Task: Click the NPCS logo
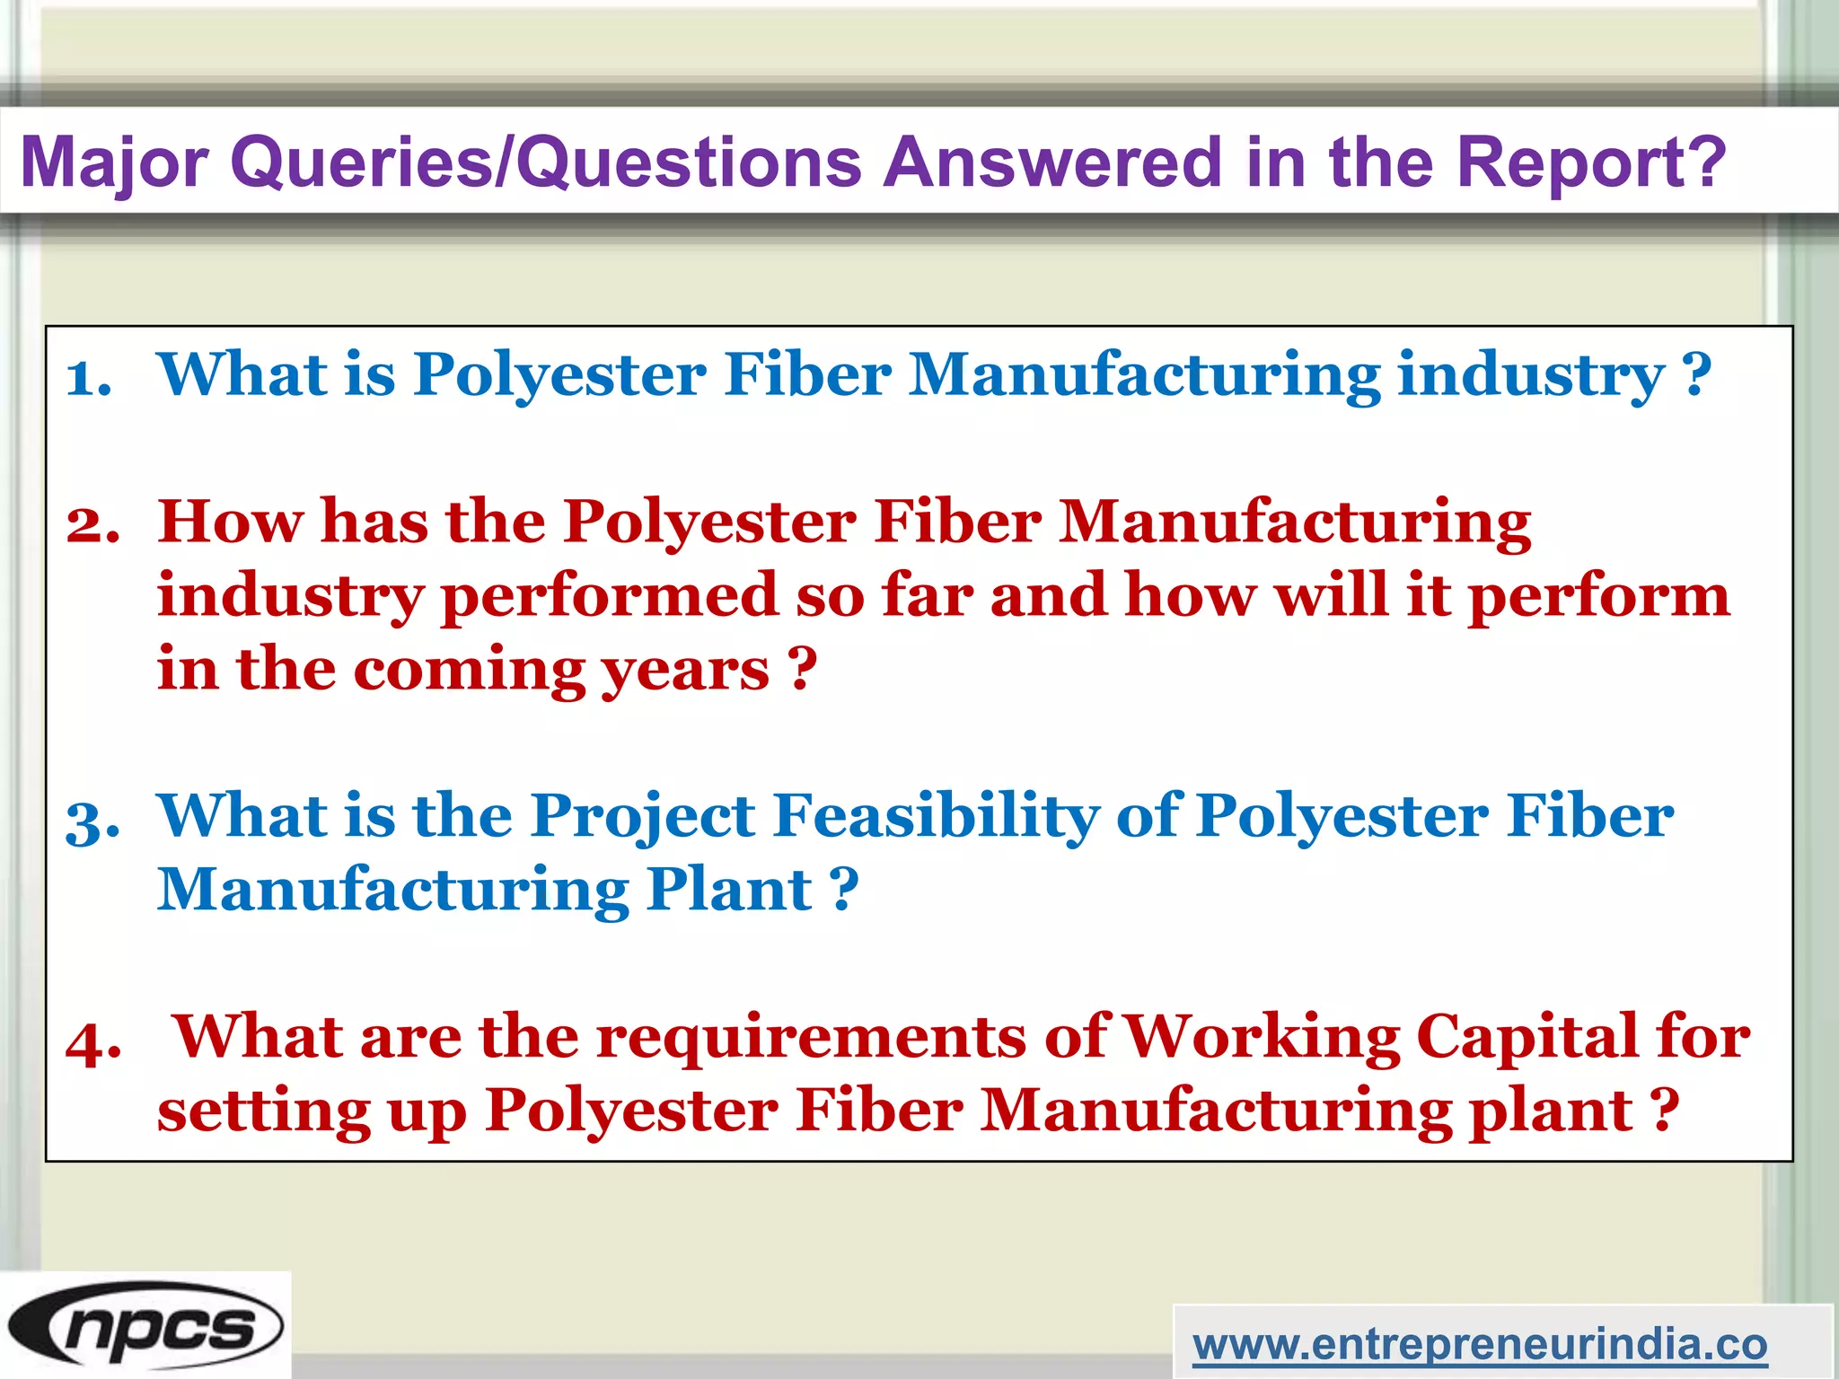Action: (x=145, y=1326)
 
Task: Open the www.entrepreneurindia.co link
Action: (x=1480, y=1344)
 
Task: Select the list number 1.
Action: (x=89, y=377)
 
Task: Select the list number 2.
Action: (x=92, y=524)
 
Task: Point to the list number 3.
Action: (x=92, y=820)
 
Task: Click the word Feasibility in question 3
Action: (x=936, y=817)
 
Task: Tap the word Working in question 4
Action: (x=1262, y=1038)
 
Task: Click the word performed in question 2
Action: (x=610, y=596)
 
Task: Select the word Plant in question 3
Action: (x=729, y=890)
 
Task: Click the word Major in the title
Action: (x=115, y=162)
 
